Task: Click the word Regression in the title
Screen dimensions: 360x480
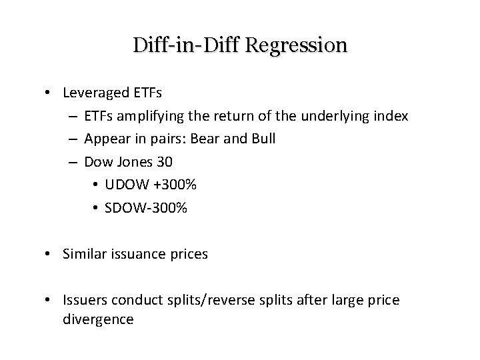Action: (x=297, y=45)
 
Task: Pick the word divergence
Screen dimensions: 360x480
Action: (x=98, y=319)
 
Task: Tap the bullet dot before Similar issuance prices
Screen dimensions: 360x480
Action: (x=51, y=254)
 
